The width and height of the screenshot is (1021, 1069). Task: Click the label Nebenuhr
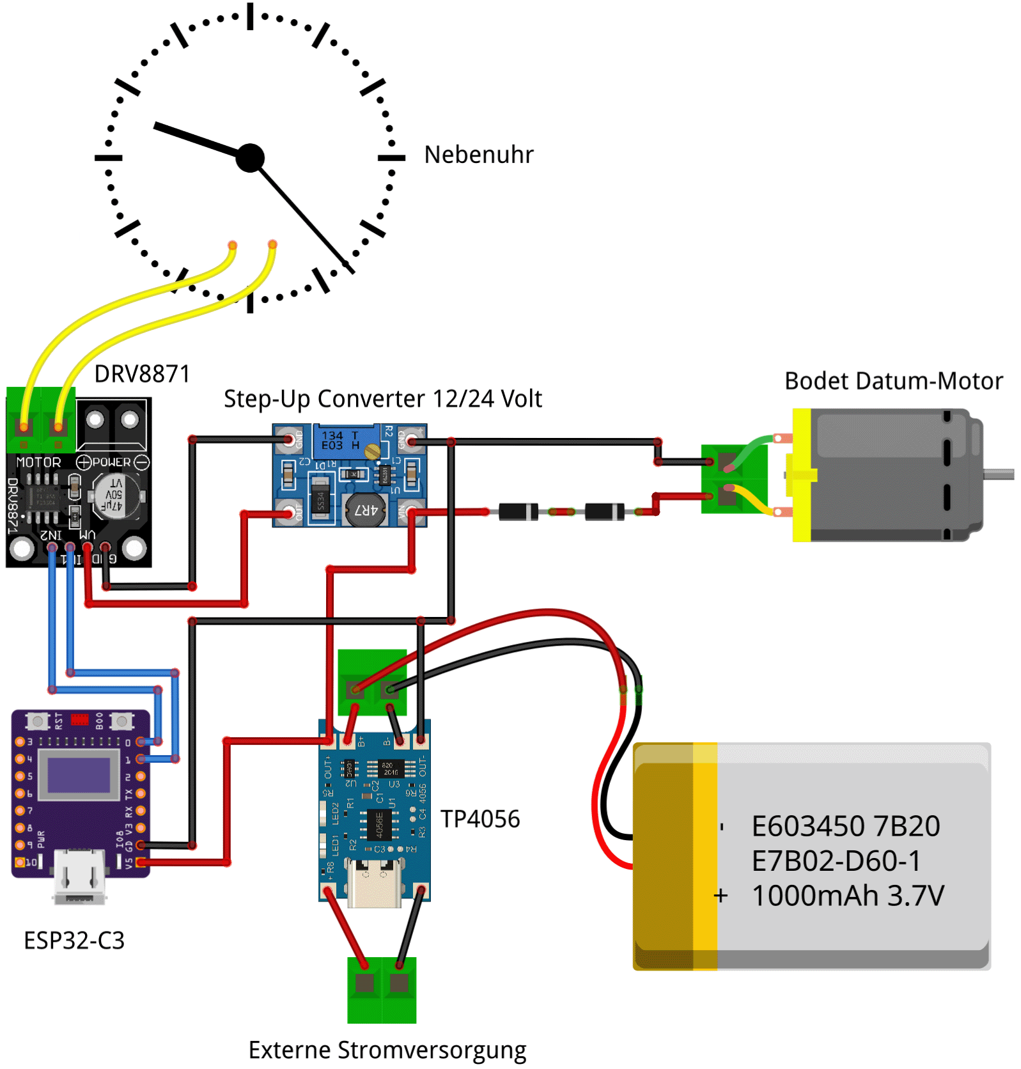pyautogui.click(x=478, y=155)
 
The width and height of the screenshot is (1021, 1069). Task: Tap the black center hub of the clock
pyautogui.click(x=250, y=157)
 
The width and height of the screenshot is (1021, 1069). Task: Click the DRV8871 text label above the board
pyautogui.click(x=142, y=374)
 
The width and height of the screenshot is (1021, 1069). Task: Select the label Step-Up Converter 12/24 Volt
pyautogui.click(x=382, y=399)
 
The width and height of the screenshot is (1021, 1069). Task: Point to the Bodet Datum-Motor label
pyautogui.click(x=893, y=381)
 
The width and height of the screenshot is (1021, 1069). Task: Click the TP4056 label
pyautogui.click(x=480, y=819)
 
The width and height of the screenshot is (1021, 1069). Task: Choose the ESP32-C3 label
pyautogui.click(x=74, y=940)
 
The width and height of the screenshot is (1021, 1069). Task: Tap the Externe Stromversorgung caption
pyautogui.click(x=387, y=1050)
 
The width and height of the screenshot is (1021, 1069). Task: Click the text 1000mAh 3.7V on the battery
pyautogui.click(x=848, y=896)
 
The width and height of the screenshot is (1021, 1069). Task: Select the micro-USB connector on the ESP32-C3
pyautogui.click(x=79, y=876)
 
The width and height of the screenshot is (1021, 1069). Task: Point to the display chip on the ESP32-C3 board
pyautogui.click(x=79, y=774)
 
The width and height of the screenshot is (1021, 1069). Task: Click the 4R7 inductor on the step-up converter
pyautogui.click(x=365, y=510)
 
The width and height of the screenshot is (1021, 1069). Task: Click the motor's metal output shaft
pyautogui.click(x=999, y=474)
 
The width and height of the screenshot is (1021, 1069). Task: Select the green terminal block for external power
pyautogui.click(x=382, y=989)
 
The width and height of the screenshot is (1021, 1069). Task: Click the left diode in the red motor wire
pyautogui.click(x=518, y=511)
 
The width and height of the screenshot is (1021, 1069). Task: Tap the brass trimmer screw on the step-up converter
pyautogui.click(x=372, y=452)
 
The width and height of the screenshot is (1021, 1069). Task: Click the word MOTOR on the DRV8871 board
pyautogui.click(x=38, y=462)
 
